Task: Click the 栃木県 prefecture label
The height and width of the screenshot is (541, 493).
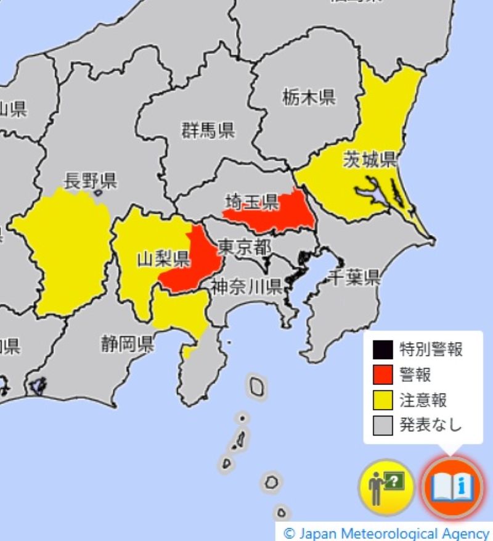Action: (309, 97)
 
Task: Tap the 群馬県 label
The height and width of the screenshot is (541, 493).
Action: (208, 130)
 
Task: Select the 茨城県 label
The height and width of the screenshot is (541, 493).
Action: (369, 161)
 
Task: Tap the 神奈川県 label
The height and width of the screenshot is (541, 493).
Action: (246, 286)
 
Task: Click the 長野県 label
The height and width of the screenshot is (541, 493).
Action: (91, 181)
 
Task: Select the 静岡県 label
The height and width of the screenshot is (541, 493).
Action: (128, 343)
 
